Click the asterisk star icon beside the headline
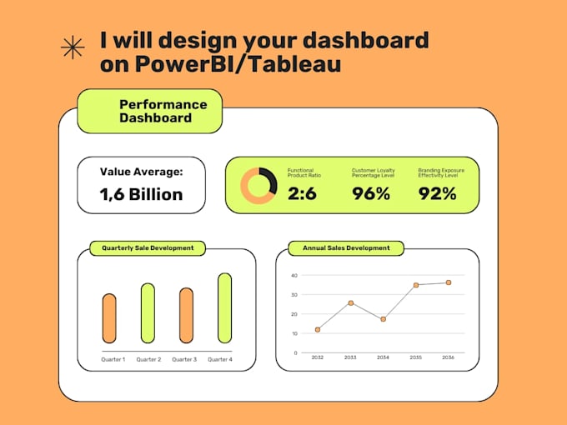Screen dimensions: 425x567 coord(73,49)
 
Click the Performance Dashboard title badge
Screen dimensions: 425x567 coord(150,112)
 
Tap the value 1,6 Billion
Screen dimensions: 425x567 coord(141,194)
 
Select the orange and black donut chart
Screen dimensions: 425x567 coord(258,186)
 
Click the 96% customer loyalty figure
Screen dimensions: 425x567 coord(370,194)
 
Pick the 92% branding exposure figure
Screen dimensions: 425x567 coord(437,194)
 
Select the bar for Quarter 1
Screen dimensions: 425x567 coord(109,318)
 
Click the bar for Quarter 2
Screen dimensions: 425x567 coord(148,313)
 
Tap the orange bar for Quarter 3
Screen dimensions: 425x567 coord(186,316)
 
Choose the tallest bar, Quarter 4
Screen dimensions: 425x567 coord(224,308)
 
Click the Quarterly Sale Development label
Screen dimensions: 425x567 coord(148,247)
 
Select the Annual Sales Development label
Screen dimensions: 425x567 coord(345,247)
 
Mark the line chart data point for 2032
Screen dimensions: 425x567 coord(318,330)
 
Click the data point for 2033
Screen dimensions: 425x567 coord(350,303)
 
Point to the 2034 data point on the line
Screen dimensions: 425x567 coord(383,319)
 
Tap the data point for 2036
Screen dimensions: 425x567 coord(448,282)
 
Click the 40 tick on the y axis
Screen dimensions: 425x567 coord(294,275)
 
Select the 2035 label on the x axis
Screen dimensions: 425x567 coord(415,357)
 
